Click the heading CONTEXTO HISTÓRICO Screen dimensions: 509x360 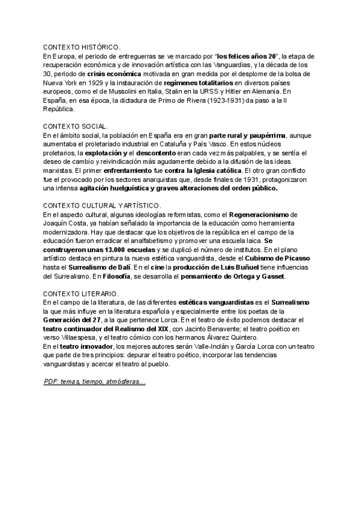(82, 47)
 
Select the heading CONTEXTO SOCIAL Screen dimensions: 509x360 (75, 127)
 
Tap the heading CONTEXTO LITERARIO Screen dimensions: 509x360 (81, 293)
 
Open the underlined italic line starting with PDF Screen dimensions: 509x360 (94, 382)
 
